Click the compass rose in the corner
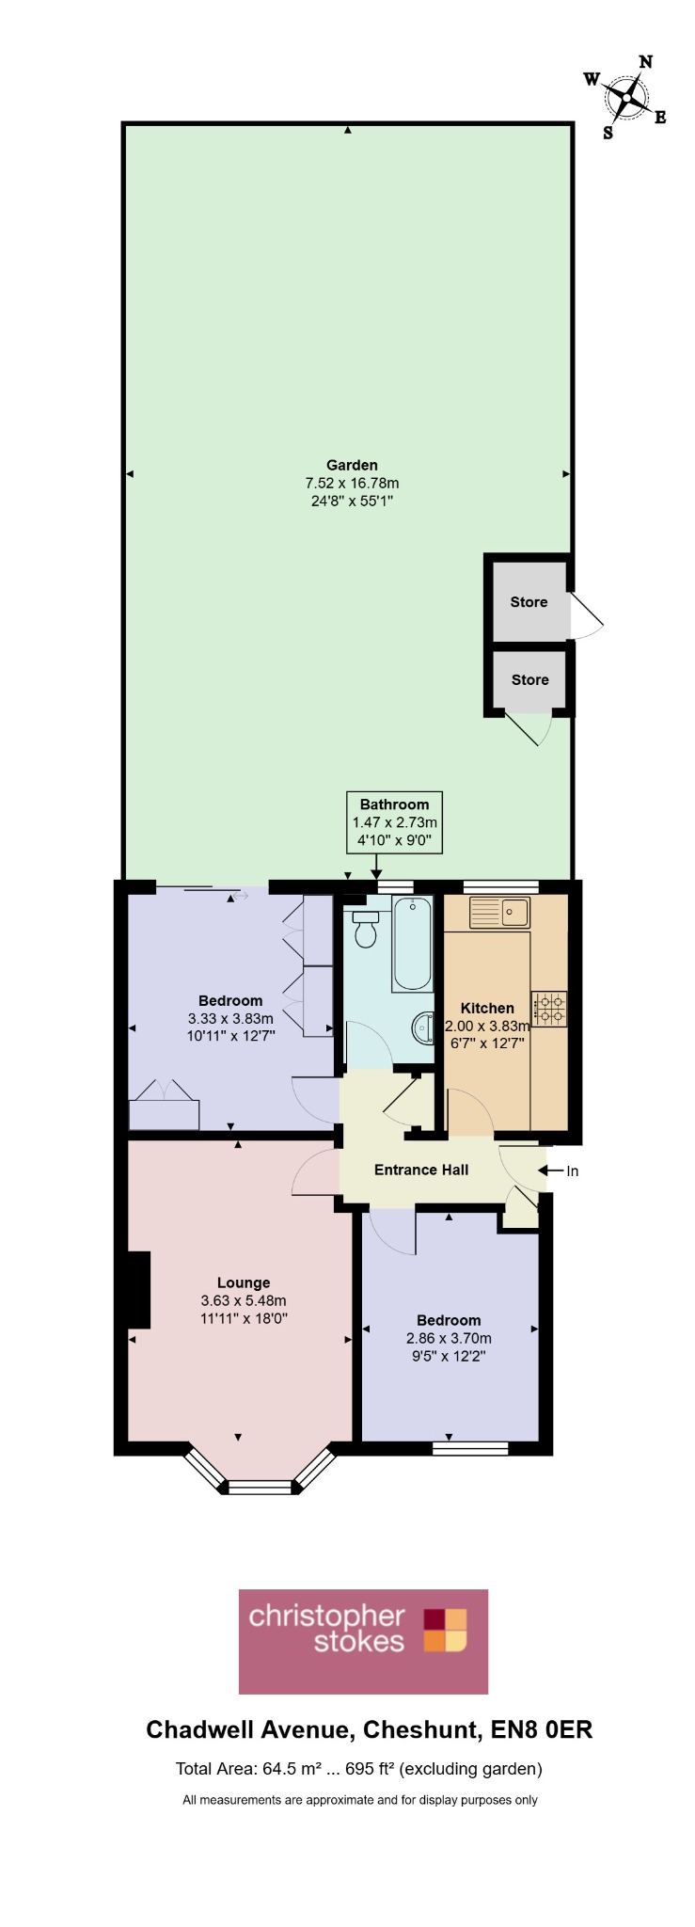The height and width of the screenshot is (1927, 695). tap(626, 98)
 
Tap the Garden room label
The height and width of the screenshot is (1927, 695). tap(352, 465)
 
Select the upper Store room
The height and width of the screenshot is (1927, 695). tap(530, 602)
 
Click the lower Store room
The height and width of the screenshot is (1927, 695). tap(530, 679)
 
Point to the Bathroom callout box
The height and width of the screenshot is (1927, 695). tap(394, 822)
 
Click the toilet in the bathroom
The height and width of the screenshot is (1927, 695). tap(365, 928)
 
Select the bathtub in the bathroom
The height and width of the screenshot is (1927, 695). tap(412, 944)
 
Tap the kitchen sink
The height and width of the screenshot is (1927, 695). tap(500, 912)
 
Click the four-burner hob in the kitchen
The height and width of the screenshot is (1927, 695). tap(549, 1009)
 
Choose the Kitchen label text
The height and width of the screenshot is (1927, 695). tap(487, 1008)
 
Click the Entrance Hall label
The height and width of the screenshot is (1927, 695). tap(421, 1170)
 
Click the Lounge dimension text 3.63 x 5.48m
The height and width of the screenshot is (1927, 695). tap(244, 1300)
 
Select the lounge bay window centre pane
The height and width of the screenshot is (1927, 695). tap(261, 1487)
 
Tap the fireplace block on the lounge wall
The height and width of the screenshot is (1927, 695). tap(139, 1289)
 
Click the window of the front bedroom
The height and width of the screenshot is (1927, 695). tap(470, 1447)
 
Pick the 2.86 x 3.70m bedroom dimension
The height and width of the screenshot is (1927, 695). tap(449, 1338)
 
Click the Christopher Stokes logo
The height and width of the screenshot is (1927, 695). tap(363, 1642)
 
